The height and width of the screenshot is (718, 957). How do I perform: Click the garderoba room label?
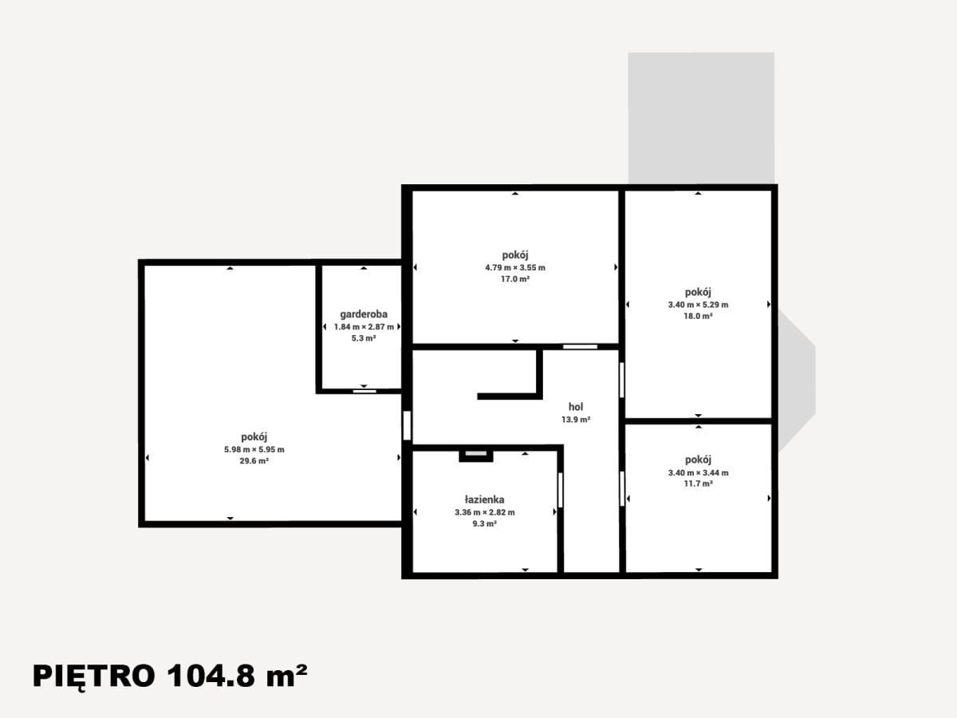tap(364, 314)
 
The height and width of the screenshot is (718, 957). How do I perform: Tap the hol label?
tap(576, 407)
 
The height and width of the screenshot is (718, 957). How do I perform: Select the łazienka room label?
tap(484, 499)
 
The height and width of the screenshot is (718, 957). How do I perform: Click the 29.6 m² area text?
tap(254, 461)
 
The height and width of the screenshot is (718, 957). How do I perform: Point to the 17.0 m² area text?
tap(515, 279)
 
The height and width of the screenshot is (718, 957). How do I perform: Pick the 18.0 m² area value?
tap(698, 316)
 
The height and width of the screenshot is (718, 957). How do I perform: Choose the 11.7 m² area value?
tap(698, 483)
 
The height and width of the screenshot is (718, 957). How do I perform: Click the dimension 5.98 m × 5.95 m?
tap(254, 449)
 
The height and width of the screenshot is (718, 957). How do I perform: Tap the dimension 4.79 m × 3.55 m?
tap(515, 268)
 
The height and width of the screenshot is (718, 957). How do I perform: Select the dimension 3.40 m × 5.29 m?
tap(698, 305)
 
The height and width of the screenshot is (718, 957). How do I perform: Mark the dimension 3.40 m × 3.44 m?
tap(698, 472)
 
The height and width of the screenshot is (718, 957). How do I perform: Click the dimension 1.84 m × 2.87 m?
tap(364, 327)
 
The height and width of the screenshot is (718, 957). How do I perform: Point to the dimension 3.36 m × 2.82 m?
tap(484, 512)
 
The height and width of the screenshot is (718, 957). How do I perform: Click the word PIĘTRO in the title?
tap(94, 677)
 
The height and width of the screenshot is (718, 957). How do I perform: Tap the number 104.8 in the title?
tap(211, 677)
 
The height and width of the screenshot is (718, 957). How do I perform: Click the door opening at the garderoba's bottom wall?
tap(364, 391)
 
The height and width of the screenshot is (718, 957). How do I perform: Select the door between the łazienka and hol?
tap(561, 491)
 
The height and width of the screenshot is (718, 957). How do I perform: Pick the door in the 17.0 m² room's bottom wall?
tap(580, 346)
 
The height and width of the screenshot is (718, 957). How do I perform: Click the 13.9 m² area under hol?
tap(576, 420)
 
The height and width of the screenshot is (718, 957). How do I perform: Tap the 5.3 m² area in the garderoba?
tap(364, 338)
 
